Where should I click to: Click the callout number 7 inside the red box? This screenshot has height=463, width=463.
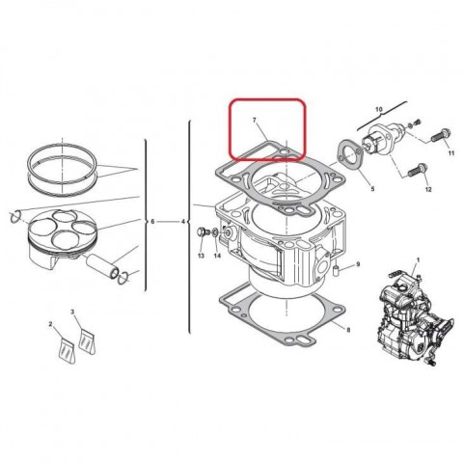255,123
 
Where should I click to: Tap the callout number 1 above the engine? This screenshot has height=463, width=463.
418,260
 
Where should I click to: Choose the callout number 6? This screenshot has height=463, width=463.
151,222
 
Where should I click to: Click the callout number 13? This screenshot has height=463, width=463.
200,256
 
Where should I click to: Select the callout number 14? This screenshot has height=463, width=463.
216,256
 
